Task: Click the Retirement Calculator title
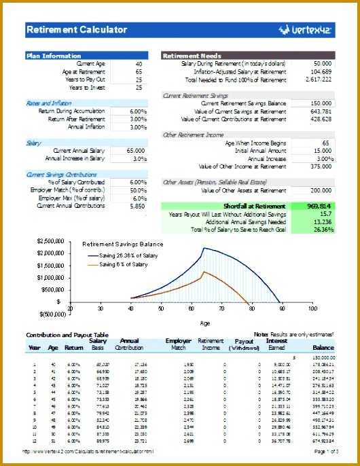(76, 29)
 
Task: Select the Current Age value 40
(139, 64)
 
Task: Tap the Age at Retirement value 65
(139, 71)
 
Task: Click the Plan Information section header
(54, 56)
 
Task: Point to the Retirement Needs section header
(192, 56)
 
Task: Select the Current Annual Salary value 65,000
(134, 150)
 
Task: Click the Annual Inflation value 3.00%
(138, 127)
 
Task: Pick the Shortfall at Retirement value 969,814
(319, 206)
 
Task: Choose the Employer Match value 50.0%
(137, 190)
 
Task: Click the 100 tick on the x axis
(312, 308)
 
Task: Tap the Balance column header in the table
(323, 347)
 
